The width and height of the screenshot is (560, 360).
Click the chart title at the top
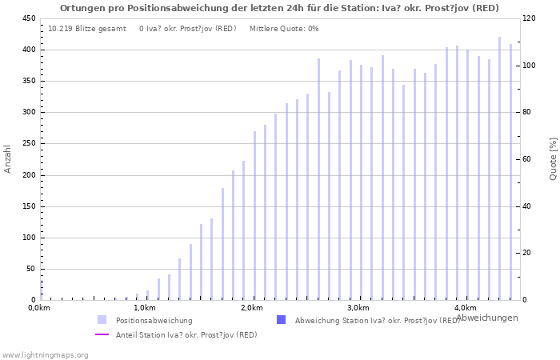(279, 8)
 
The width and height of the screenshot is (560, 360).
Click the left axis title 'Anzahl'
(8, 158)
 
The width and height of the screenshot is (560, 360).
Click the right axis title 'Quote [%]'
(553, 158)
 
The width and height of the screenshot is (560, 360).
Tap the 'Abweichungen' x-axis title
(486, 318)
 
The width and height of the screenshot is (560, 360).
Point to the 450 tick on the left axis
(29, 18)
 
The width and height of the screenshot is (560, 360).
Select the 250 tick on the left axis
(29, 144)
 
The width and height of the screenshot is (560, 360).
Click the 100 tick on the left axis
(29, 238)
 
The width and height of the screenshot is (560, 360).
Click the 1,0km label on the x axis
(145, 308)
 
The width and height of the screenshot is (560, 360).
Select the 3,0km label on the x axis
(358, 308)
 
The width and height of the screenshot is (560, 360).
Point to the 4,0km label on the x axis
(465, 308)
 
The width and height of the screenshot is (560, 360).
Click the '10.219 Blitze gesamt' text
(86, 29)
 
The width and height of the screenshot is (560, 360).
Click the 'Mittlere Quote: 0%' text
(284, 29)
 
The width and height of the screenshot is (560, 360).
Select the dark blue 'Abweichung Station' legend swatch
(281, 320)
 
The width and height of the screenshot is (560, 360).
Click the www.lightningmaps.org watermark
(46, 354)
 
